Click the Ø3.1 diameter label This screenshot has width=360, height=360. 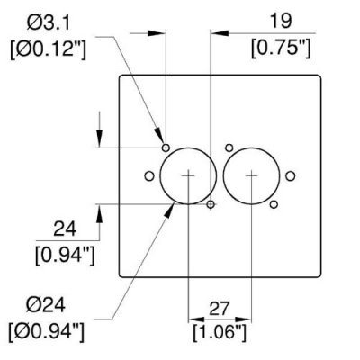[49, 22]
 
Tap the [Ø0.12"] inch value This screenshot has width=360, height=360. [49, 49]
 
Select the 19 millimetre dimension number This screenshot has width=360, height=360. [281, 21]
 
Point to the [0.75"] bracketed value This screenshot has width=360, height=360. [281, 48]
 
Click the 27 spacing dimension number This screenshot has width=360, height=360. [219, 309]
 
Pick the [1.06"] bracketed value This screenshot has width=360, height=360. [220, 332]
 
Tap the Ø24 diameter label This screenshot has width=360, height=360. [45, 306]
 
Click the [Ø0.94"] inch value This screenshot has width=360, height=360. [47, 332]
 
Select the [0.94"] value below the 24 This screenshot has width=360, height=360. [65, 256]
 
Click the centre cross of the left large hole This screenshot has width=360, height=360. [188, 176]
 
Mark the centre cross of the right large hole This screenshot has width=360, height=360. [251, 176]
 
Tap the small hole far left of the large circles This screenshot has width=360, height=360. [149, 176]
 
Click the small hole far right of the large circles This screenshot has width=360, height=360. [291, 176]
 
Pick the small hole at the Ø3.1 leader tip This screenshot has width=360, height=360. [166, 148]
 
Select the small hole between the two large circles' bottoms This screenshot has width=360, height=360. [211, 204]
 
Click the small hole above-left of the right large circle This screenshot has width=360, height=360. [229, 148]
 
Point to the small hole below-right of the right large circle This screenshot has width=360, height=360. [274, 204]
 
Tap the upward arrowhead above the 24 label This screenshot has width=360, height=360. [100, 213]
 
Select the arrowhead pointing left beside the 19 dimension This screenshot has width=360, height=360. [220, 33]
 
